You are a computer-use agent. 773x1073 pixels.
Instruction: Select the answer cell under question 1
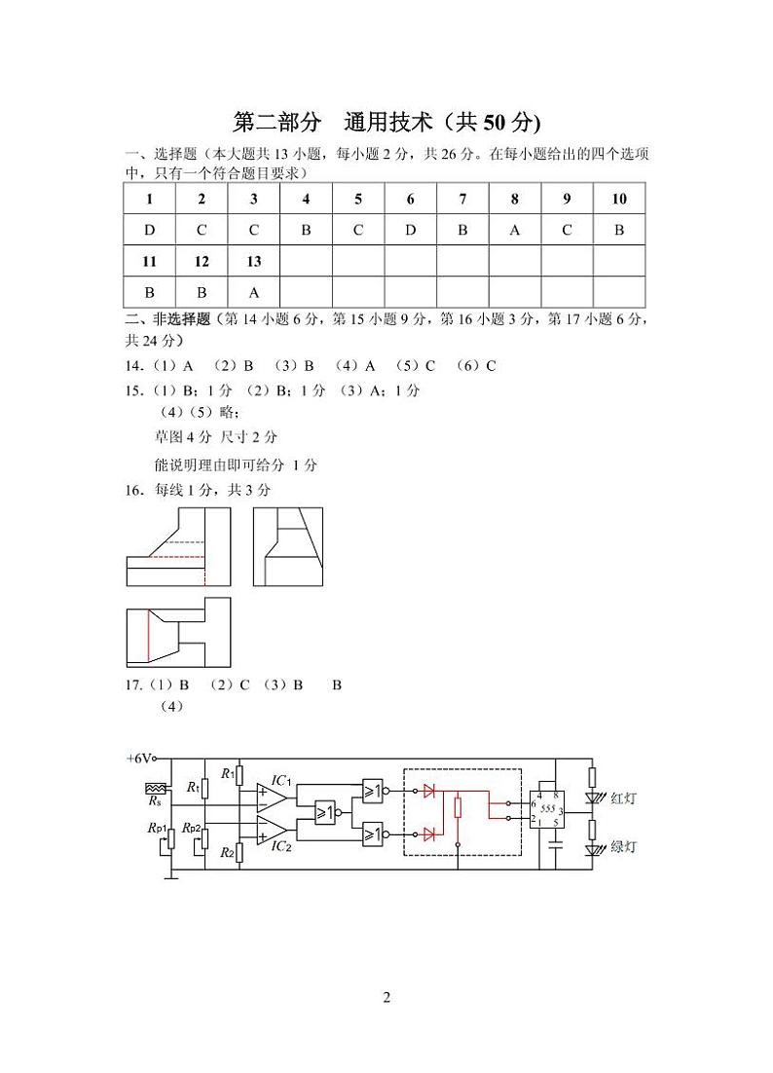[x=149, y=230]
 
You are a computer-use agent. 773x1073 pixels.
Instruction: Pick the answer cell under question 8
[x=515, y=230]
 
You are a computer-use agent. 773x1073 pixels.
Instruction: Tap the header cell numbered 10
[x=619, y=199]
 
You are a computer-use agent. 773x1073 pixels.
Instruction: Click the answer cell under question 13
[x=254, y=291]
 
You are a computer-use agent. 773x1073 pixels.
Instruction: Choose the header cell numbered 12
[x=202, y=261]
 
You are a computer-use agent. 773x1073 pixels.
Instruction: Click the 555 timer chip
[x=547, y=809]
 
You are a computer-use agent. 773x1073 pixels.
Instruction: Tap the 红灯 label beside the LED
[x=623, y=798]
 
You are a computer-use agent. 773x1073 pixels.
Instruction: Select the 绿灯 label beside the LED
[x=623, y=848]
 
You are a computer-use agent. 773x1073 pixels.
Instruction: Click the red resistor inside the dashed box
[x=458, y=806]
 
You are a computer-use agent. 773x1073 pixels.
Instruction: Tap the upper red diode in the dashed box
[x=429, y=790]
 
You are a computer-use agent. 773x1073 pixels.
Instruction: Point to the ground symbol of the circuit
[x=171, y=876]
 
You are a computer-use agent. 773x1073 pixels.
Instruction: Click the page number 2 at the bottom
[x=386, y=997]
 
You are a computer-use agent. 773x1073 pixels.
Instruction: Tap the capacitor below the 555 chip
[x=556, y=848]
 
